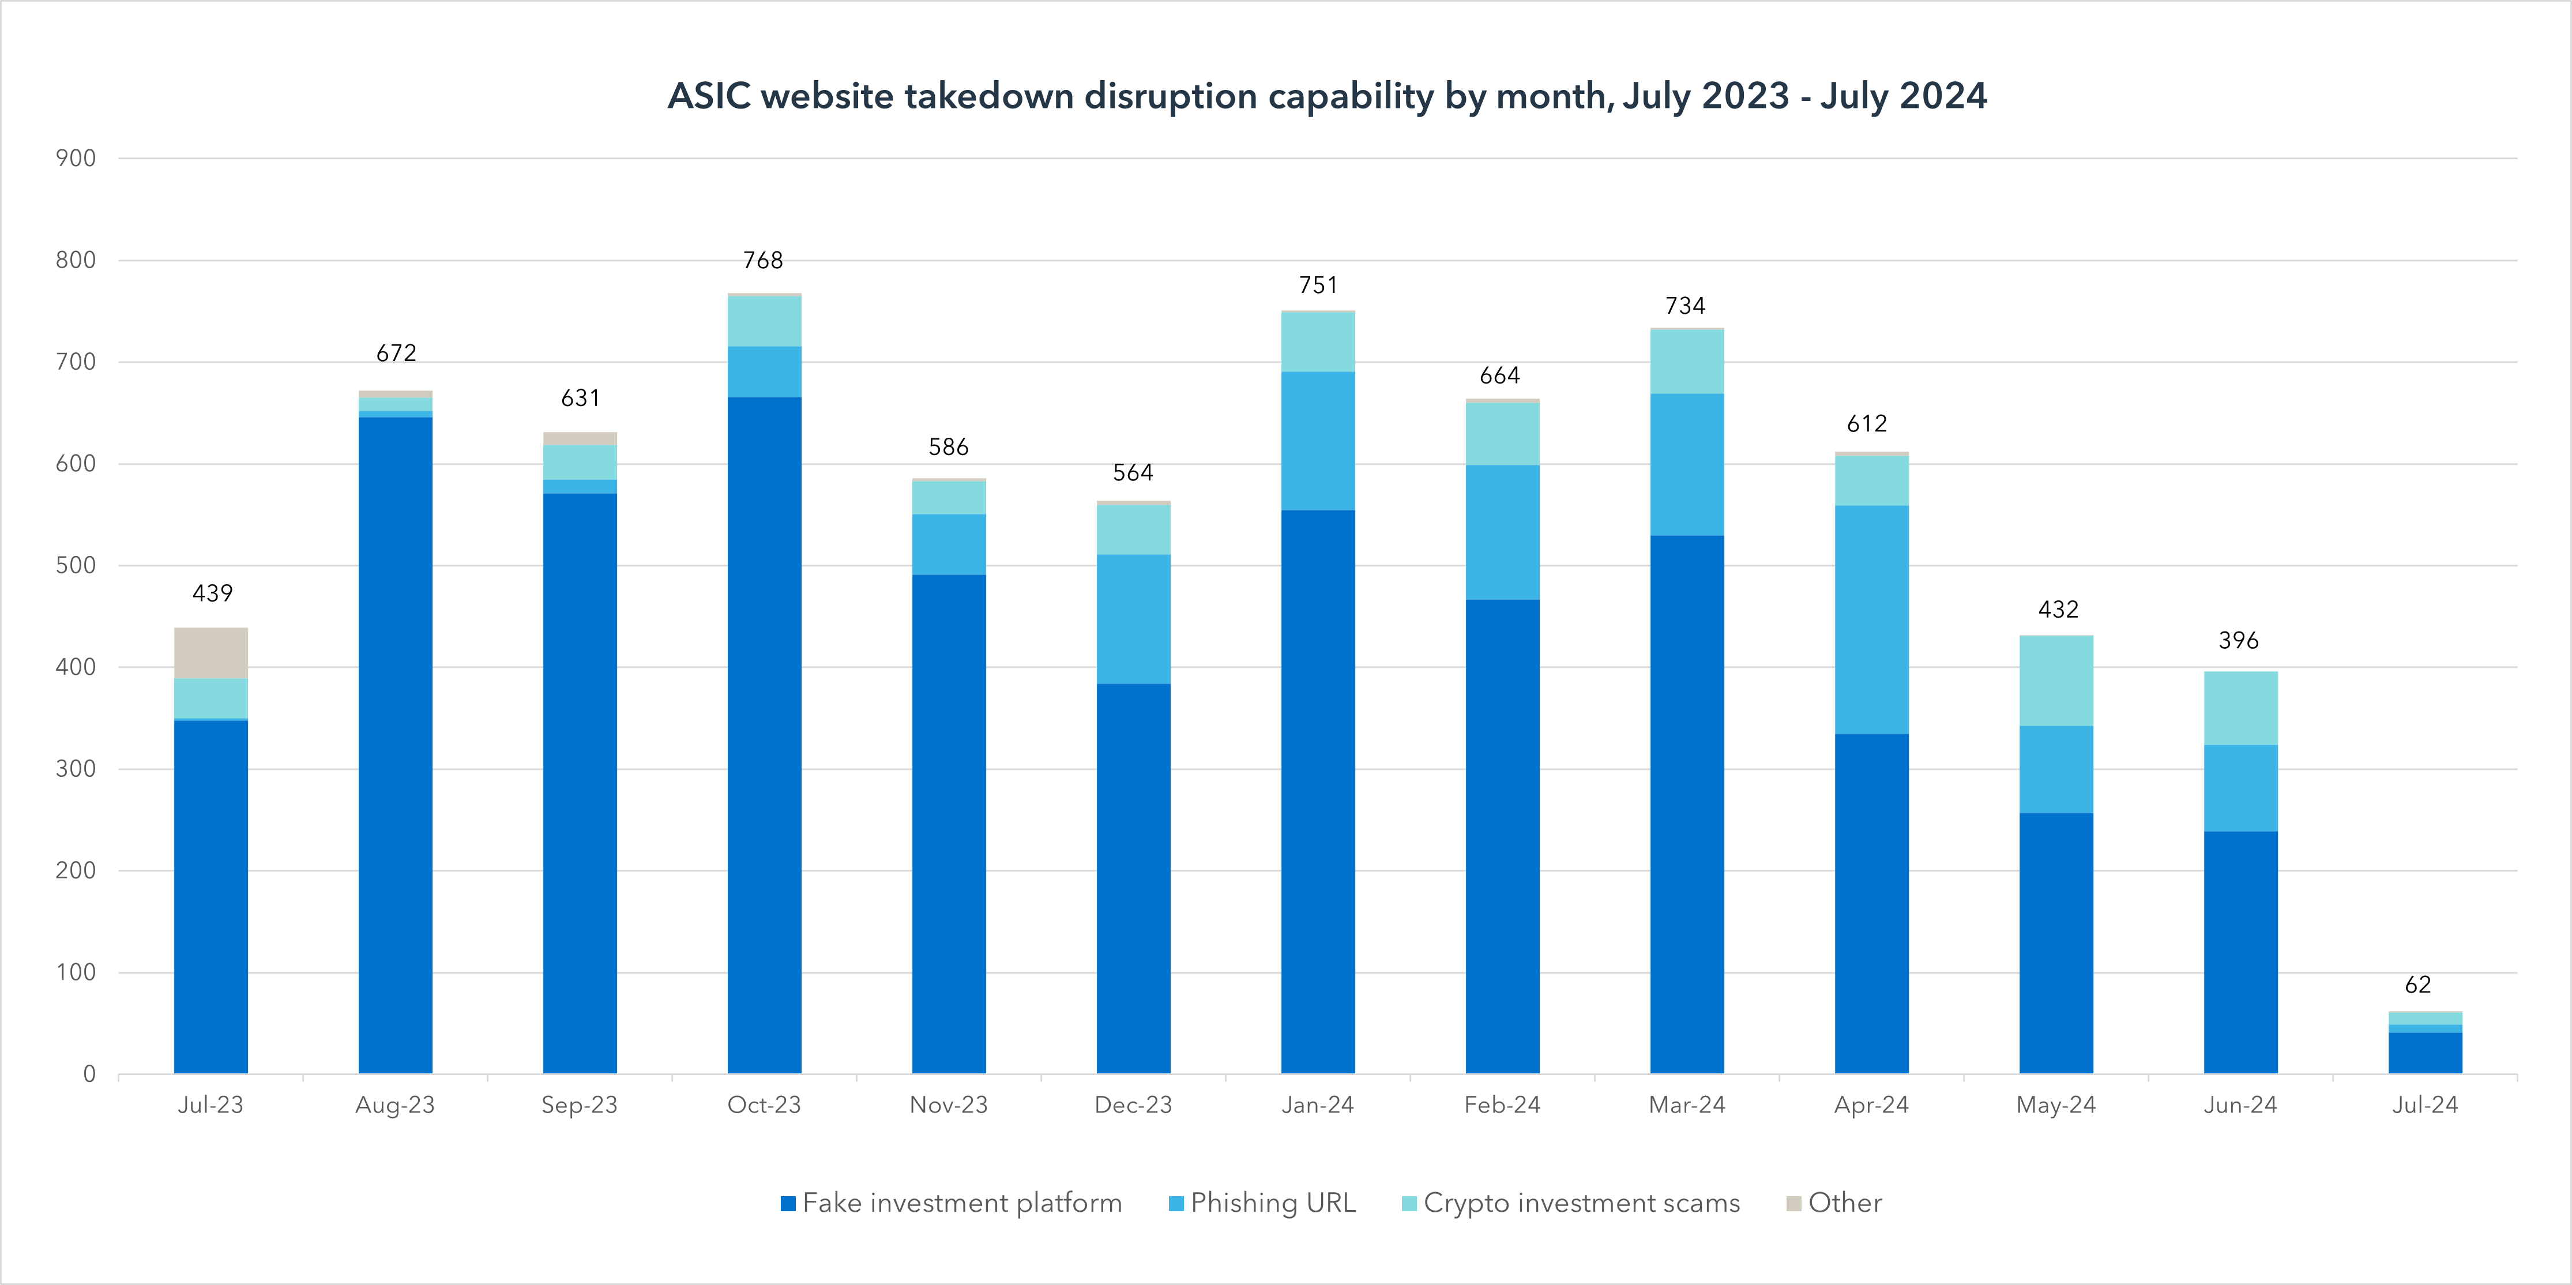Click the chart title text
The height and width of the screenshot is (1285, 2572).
[x=1327, y=96]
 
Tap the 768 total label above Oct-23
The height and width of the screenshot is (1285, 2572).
[x=763, y=261]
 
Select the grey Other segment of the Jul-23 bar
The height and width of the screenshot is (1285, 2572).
[x=210, y=653]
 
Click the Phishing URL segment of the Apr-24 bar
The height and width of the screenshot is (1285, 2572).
[x=1871, y=619]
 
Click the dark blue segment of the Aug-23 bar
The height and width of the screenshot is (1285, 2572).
[x=396, y=744]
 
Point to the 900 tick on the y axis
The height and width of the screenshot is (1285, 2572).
[x=76, y=158]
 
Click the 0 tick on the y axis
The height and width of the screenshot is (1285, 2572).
[x=89, y=1074]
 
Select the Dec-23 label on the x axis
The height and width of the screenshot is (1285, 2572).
[x=1133, y=1105]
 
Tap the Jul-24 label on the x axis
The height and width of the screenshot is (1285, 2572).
[x=2424, y=1105]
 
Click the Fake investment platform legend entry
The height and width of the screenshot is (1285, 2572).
[x=961, y=1203]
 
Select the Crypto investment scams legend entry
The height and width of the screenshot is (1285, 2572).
[x=1581, y=1203]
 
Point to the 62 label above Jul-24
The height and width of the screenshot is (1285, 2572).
[x=2417, y=986]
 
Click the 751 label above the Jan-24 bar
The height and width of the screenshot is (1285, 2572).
[x=1318, y=285]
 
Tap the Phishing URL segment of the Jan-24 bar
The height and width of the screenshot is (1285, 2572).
[x=1318, y=441]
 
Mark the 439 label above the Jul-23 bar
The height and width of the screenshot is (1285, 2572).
[x=212, y=594]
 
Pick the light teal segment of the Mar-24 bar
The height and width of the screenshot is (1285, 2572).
[x=1686, y=362]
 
